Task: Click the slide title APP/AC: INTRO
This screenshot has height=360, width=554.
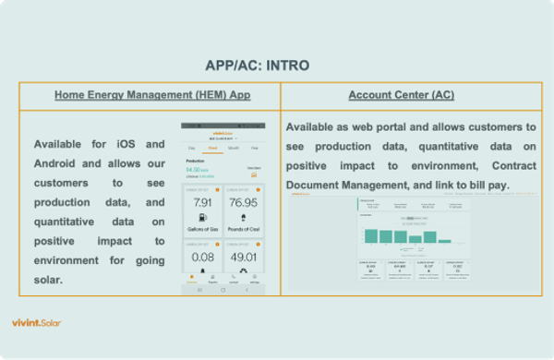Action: pyautogui.click(x=257, y=66)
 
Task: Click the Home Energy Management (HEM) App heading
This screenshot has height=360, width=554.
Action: pyautogui.click(x=151, y=95)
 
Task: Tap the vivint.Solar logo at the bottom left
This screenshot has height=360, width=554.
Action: pyautogui.click(x=37, y=322)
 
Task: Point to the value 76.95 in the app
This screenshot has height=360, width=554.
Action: pyautogui.click(x=244, y=203)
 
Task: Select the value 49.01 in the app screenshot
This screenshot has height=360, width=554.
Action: pyautogui.click(x=244, y=256)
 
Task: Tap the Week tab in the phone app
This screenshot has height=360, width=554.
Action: pyautogui.click(x=212, y=147)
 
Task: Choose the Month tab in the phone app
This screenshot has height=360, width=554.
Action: pyautogui.click(x=234, y=147)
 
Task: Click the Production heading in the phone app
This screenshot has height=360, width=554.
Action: pyautogui.click(x=197, y=161)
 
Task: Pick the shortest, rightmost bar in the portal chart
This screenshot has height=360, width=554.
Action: pyautogui.click(x=445, y=240)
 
